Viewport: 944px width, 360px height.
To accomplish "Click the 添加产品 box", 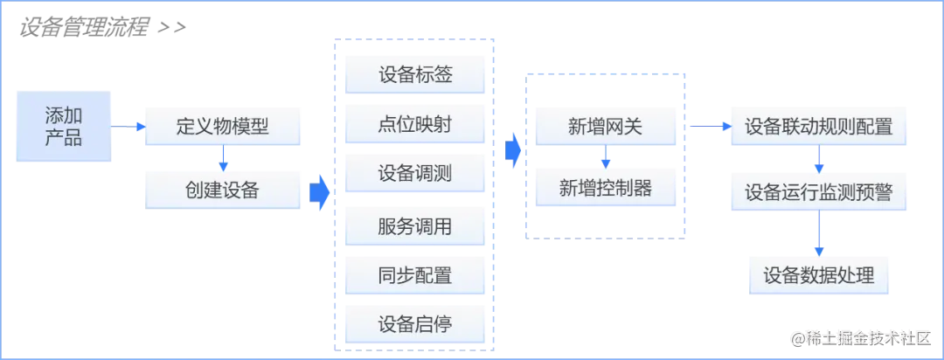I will tap(63, 126).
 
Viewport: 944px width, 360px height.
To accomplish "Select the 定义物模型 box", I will tap(222, 127).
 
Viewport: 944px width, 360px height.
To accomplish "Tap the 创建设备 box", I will tap(222, 189).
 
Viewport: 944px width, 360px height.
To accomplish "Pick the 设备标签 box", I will tap(415, 74).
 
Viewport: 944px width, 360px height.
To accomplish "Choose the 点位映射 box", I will tap(415, 124).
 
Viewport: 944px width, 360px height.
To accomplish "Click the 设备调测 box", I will tap(415, 174).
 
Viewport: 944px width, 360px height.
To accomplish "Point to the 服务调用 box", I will tap(415, 227).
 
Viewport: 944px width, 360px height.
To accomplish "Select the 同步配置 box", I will tap(415, 276).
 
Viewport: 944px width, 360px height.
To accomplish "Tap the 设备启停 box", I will tap(415, 324).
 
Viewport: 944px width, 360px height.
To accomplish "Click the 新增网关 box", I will tap(605, 127).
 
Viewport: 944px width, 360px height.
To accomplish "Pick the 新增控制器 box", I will tap(605, 188).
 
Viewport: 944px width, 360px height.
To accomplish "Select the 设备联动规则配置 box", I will tap(818, 127).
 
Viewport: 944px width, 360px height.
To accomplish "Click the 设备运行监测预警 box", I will tap(818, 192).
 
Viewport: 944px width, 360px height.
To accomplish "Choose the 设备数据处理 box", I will tap(818, 276).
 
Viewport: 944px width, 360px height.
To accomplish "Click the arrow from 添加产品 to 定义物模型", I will tap(128, 128).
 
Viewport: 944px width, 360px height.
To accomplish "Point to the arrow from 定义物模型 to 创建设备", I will tap(224, 158).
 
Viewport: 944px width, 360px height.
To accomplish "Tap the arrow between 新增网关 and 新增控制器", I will tap(606, 157).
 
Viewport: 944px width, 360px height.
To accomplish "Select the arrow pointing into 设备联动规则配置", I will tap(708, 128).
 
